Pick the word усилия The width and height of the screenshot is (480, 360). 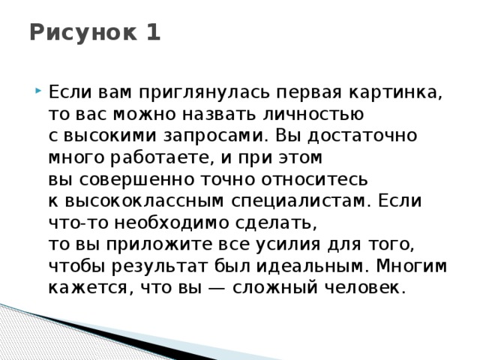(278, 245)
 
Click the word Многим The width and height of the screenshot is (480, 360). (412, 267)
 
